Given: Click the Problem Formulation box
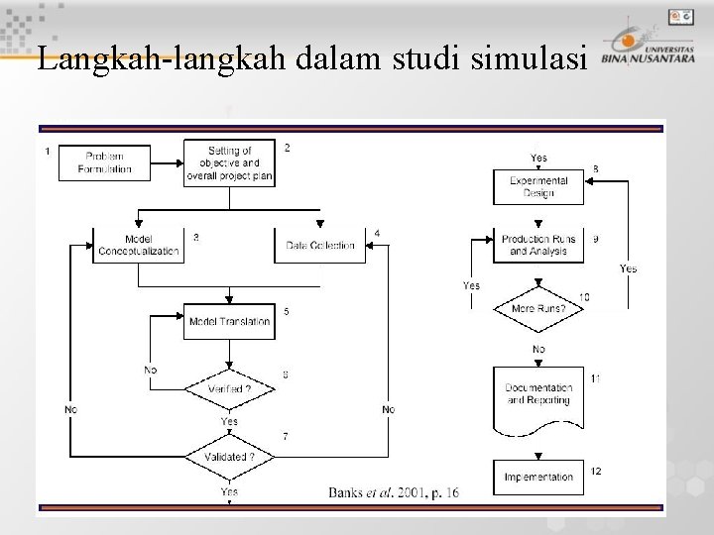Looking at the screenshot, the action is click(104, 162).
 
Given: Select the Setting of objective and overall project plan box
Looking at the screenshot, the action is click(229, 162).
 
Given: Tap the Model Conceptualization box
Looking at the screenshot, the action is click(139, 245).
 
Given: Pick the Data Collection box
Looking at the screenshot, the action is click(319, 245).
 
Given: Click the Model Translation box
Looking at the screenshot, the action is click(229, 321).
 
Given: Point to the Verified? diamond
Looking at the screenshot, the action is click(229, 389).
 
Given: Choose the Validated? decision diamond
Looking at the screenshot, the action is click(229, 457).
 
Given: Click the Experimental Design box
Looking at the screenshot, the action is click(538, 186).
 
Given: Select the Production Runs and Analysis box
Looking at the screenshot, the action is click(538, 245).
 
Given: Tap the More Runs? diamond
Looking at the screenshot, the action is click(538, 308).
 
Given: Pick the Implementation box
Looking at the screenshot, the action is click(538, 477).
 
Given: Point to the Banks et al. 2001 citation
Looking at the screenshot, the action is click(394, 491).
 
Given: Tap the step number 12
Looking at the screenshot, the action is click(595, 471).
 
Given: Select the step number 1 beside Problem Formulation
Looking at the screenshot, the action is click(48, 151).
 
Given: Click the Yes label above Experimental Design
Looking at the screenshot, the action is click(538, 158).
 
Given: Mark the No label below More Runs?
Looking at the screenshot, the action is click(538, 349).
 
